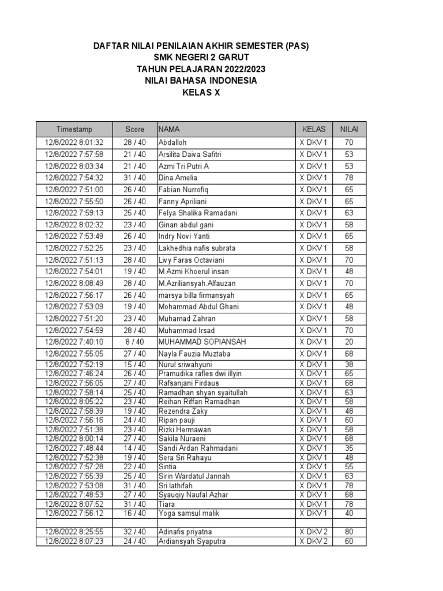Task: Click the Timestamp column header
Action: (x=74, y=129)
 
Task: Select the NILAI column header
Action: (x=349, y=129)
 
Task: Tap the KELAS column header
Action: (x=314, y=129)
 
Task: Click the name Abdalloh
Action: (x=172, y=142)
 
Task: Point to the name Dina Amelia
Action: (x=178, y=177)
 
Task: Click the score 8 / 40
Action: (x=134, y=341)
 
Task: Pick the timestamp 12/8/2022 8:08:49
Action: (x=74, y=283)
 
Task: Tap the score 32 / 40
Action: (x=134, y=532)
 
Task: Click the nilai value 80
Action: (x=349, y=532)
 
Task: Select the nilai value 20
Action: (x=349, y=341)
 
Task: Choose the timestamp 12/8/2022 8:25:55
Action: (x=74, y=532)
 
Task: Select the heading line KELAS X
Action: (x=201, y=92)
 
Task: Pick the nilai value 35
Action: (x=349, y=448)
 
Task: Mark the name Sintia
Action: (x=168, y=466)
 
